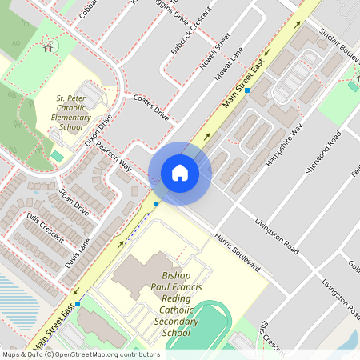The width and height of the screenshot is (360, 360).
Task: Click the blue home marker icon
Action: [180, 172]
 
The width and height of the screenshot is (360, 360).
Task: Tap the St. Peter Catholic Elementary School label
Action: [70, 112]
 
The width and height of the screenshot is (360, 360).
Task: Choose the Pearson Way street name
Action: [114, 157]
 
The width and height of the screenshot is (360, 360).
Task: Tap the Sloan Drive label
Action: [74, 201]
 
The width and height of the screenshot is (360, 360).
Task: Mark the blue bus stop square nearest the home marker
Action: [156, 204]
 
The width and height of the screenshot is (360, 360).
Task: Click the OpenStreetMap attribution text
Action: [80, 354]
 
